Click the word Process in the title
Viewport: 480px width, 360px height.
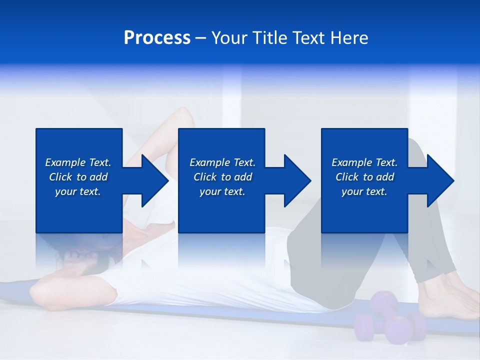157,38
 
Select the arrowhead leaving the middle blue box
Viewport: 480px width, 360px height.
296,180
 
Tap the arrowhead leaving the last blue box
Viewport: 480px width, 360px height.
439,180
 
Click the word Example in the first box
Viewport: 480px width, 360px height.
65,162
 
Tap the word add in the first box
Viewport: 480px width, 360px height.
98,177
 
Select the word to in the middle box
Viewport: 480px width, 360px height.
226,177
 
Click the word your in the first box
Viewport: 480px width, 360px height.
65,191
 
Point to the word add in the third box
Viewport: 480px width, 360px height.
385,177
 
